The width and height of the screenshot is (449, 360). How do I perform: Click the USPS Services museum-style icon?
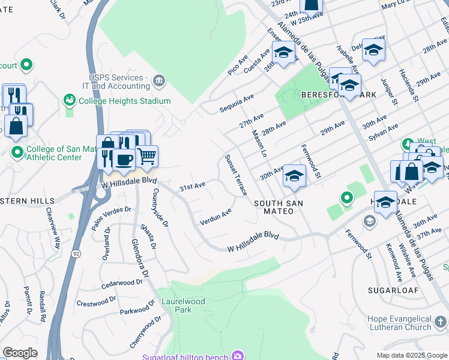tap(159, 80)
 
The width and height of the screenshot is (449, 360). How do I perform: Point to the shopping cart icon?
tap(146, 157)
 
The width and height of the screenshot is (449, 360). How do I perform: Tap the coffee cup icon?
tap(124, 160)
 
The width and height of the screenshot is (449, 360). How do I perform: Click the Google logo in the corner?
tap(19, 353)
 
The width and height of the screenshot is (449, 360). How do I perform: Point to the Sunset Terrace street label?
tap(236, 175)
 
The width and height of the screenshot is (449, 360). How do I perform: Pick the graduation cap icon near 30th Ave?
tap(294, 176)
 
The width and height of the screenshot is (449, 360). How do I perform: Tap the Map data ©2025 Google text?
tap(411, 355)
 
